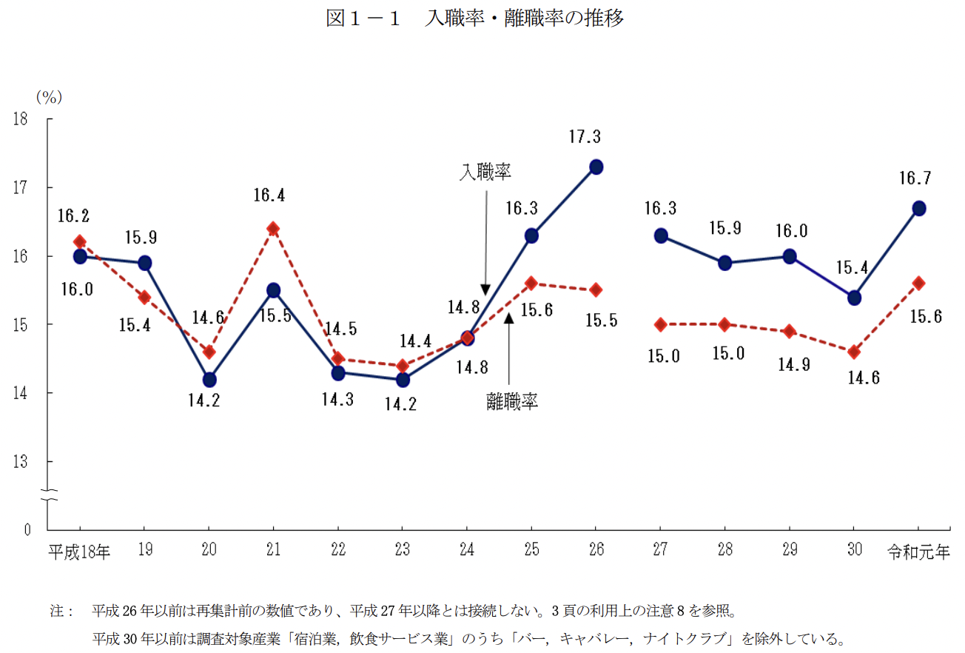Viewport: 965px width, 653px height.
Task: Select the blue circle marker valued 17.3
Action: pyautogui.click(x=596, y=167)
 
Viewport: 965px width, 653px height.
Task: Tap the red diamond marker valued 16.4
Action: pyautogui.click(x=273, y=228)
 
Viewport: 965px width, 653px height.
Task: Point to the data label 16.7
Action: pyautogui.click(x=916, y=178)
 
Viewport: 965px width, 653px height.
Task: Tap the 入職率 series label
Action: pyautogui.click(x=485, y=173)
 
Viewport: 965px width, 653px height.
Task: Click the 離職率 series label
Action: pyautogui.click(x=512, y=402)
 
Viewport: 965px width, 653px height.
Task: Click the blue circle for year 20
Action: pyautogui.click(x=209, y=380)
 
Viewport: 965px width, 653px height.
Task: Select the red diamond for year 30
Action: pyautogui.click(x=854, y=352)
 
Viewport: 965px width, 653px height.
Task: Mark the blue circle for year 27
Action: pyautogui.click(x=661, y=235)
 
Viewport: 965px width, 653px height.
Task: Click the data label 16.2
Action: pyautogui.click(x=75, y=216)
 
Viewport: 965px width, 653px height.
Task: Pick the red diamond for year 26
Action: pyautogui.click(x=596, y=289)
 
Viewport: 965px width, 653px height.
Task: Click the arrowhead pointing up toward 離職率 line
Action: pyautogui.click(x=508, y=317)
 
